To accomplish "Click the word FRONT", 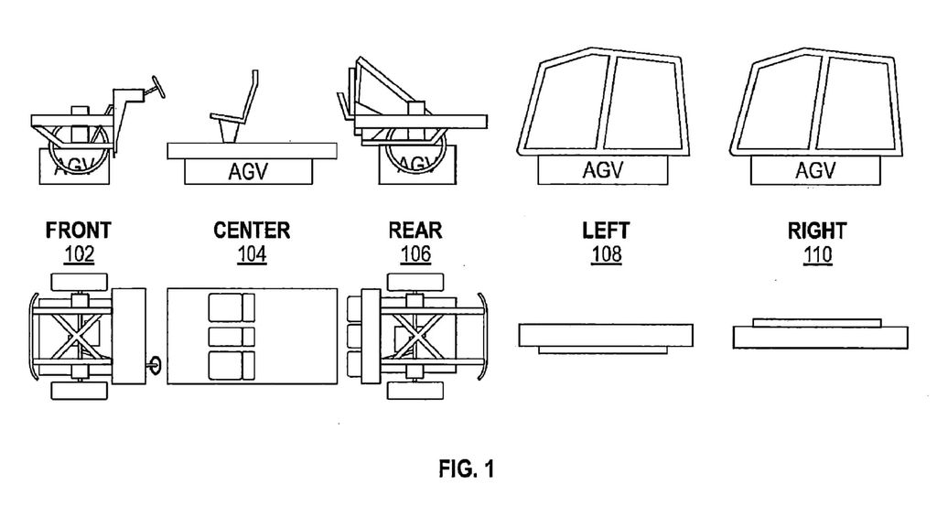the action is click(79, 230).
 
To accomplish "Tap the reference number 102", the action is click(79, 254).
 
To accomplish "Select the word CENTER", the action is click(252, 230).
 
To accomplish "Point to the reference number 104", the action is click(252, 254).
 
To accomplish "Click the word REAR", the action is click(415, 230).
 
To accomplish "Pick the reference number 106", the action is click(415, 254).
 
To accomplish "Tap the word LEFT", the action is click(606, 231).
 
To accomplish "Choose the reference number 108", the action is click(606, 255).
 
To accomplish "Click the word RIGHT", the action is click(817, 231).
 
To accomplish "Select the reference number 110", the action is click(817, 255).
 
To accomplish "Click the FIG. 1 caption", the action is click(467, 469).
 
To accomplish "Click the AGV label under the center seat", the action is click(248, 172).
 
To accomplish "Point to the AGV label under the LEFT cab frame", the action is click(602, 170).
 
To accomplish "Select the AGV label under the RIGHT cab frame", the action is click(815, 170).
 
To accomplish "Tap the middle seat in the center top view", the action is click(232, 337).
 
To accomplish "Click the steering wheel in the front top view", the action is click(154, 365).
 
